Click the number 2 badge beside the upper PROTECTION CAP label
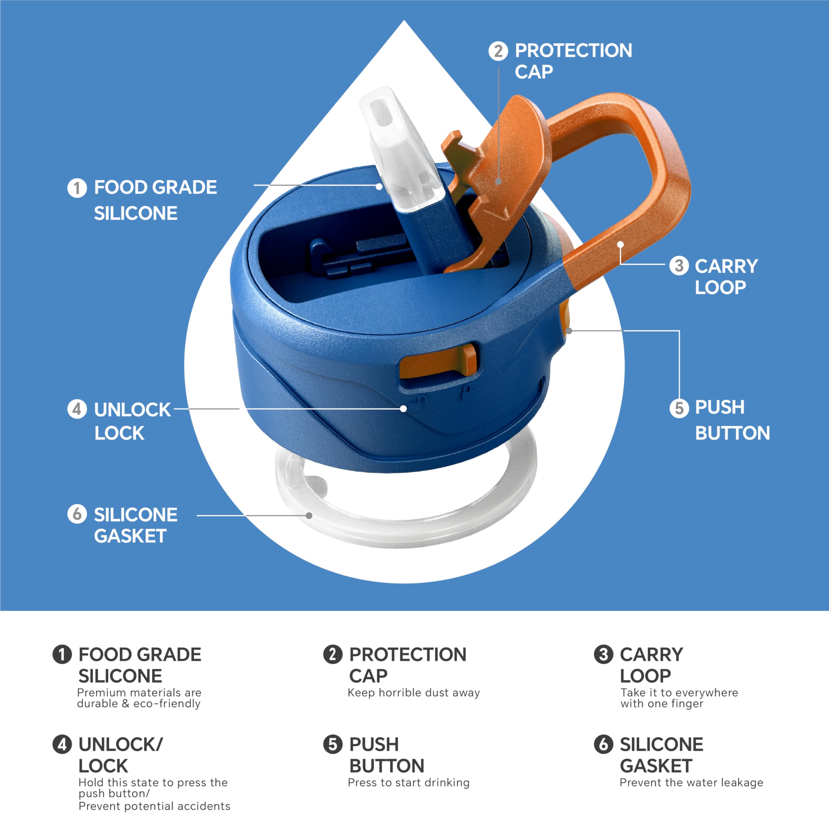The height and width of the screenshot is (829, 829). click(498, 51)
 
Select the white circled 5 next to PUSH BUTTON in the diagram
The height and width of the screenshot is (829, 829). click(679, 408)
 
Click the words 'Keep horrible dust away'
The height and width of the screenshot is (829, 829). click(414, 693)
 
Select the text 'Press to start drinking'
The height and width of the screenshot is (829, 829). click(408, 782)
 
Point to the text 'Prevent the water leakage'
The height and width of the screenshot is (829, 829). click(691, 782)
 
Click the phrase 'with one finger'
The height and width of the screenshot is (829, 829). click(662, 704)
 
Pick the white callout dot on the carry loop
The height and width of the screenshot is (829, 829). click(620, 244)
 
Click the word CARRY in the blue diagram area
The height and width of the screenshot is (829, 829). click(726, 267)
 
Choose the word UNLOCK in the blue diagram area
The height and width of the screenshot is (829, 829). click(132, 410)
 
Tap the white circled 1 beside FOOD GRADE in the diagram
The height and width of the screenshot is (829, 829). click(77, 188)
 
